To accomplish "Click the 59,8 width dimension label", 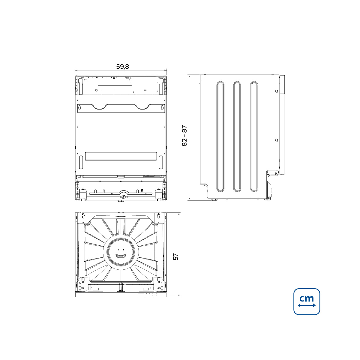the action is (x=123, y=66).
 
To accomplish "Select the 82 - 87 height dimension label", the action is (x=184, y=135).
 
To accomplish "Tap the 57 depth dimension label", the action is (x=176, y=256).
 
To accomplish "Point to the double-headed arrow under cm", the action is (x=307, y=305).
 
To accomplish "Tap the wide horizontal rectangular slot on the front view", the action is (x=121, y=156).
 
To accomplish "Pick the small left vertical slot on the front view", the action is (x=81, y=162).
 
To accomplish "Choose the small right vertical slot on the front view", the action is (x=161, y=162).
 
